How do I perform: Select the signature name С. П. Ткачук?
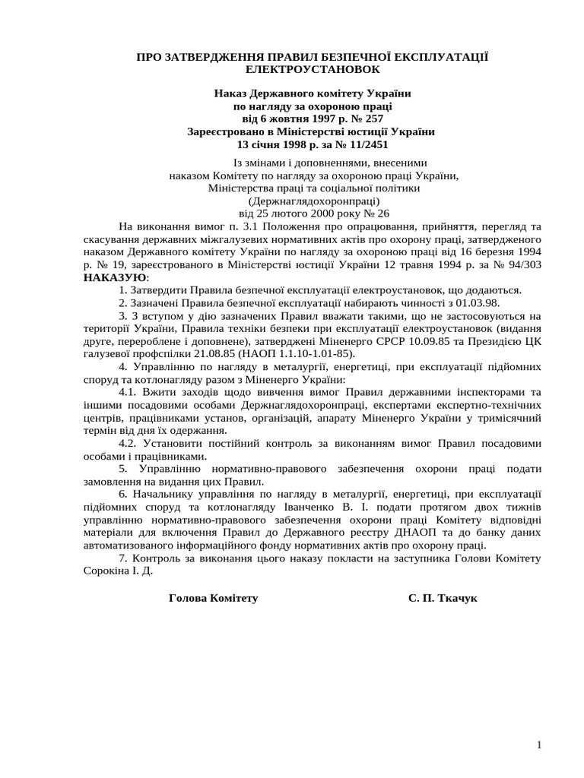click(443, 598)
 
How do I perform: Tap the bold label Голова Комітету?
click(213, 598)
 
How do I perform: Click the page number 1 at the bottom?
click(538, 745)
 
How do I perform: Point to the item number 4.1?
click(130, 392)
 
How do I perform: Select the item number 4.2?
click(130, 443)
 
